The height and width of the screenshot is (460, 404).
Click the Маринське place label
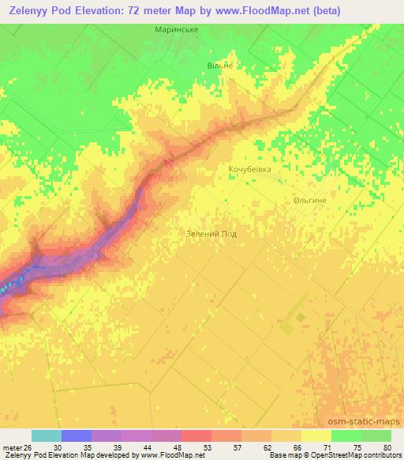point(175,30)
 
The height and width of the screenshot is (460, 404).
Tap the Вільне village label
point(219,66)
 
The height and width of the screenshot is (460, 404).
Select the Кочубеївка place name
point(249,170)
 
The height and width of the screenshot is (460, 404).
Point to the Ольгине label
point(309,201)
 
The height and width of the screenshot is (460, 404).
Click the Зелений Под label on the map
point(211,234)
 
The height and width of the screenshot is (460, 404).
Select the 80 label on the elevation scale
point(386,447)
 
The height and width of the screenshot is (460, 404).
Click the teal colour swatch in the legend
point(47,435)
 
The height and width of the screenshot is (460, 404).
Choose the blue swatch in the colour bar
point(77,435)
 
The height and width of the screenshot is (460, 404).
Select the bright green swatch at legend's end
point(376,435)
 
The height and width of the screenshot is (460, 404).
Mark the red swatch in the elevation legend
point(196,435)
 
